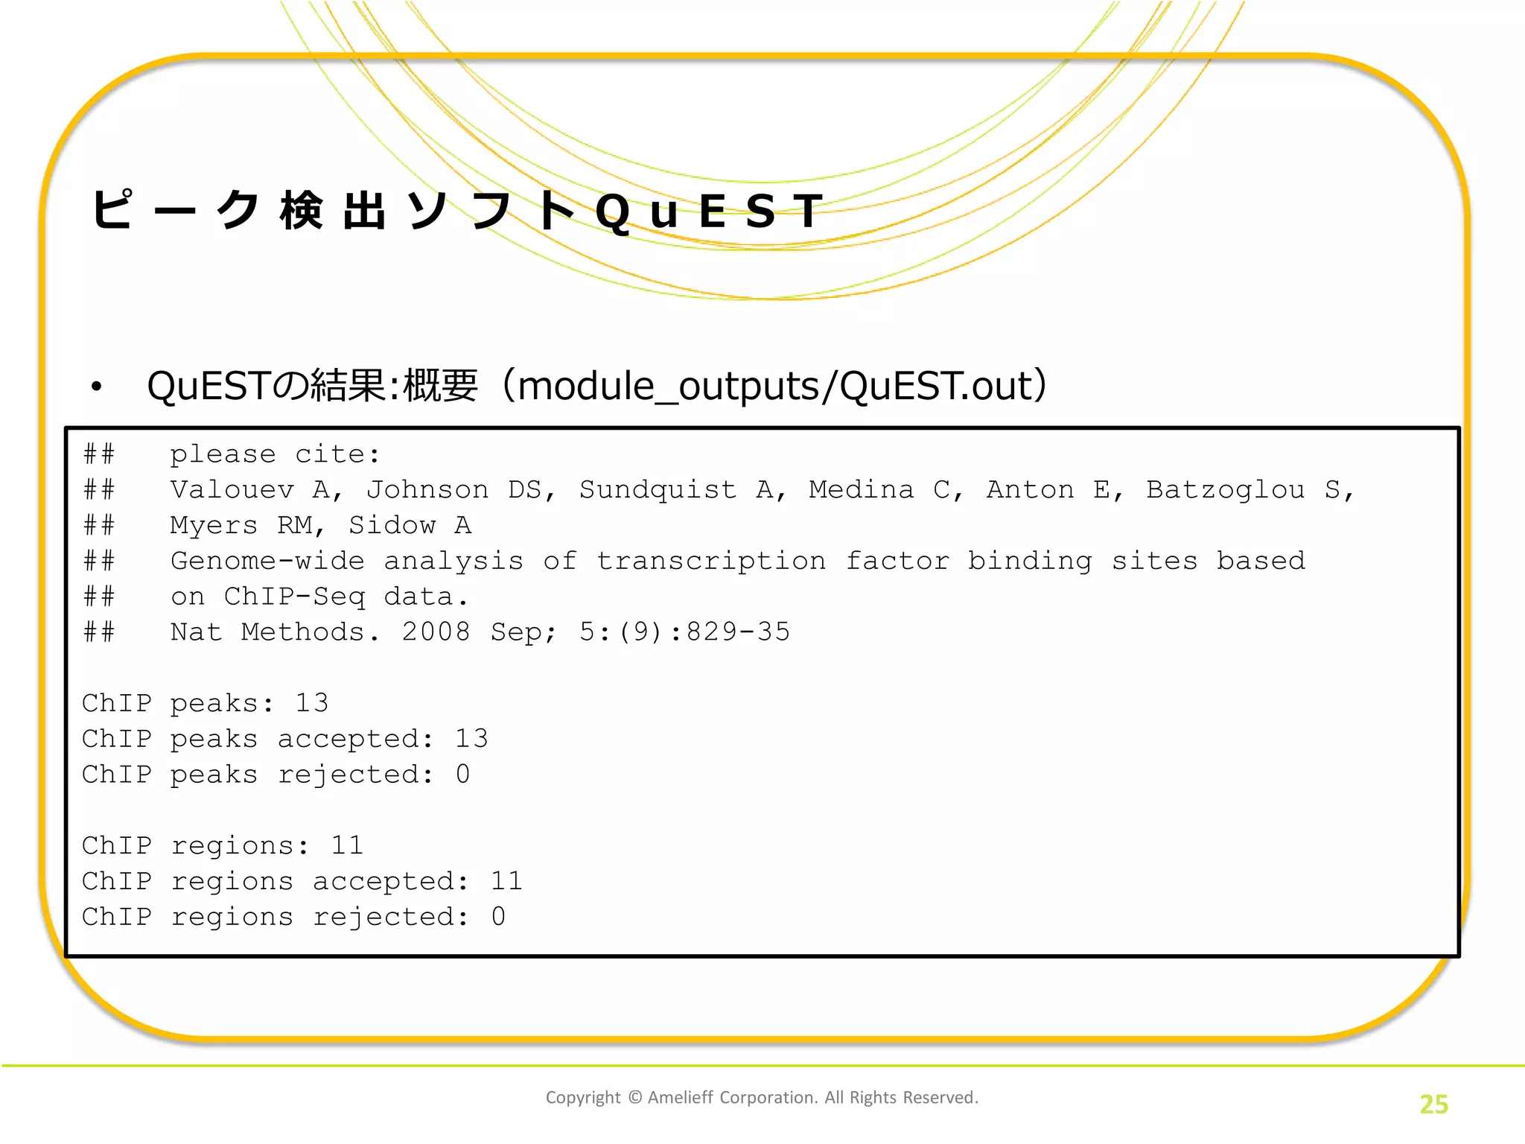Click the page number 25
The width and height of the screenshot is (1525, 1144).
click(1433, 1104)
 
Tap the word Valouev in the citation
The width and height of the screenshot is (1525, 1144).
click(232, 490)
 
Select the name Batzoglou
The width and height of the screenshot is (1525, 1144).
click(1225, 490)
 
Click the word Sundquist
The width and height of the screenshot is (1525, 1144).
click(658, 490)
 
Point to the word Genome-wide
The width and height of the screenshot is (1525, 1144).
click(267, 561)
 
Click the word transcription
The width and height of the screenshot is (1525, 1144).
click(711, 561)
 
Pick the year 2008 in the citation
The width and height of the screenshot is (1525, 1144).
click(436, 632)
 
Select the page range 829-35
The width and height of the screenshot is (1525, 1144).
click(737, 632)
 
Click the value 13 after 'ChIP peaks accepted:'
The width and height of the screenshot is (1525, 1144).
click(471, 739)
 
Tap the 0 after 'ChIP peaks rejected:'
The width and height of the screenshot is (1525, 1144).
click(463, 775)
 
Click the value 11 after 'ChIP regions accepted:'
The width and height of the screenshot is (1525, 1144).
click(506, 882)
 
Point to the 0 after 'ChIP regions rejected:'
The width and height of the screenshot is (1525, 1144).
click(498, 917)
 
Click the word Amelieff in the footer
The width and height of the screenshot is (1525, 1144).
click(681, 1097)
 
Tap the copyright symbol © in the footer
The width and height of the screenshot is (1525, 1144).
click(634, 1097)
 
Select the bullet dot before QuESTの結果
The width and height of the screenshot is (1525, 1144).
click(96, 387)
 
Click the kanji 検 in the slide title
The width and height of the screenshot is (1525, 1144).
click(302, 210)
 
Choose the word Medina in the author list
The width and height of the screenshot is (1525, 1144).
click(862, 490)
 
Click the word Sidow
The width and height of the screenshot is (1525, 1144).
click(392, 526)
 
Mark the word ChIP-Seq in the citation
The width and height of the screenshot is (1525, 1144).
click(294, 597)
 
